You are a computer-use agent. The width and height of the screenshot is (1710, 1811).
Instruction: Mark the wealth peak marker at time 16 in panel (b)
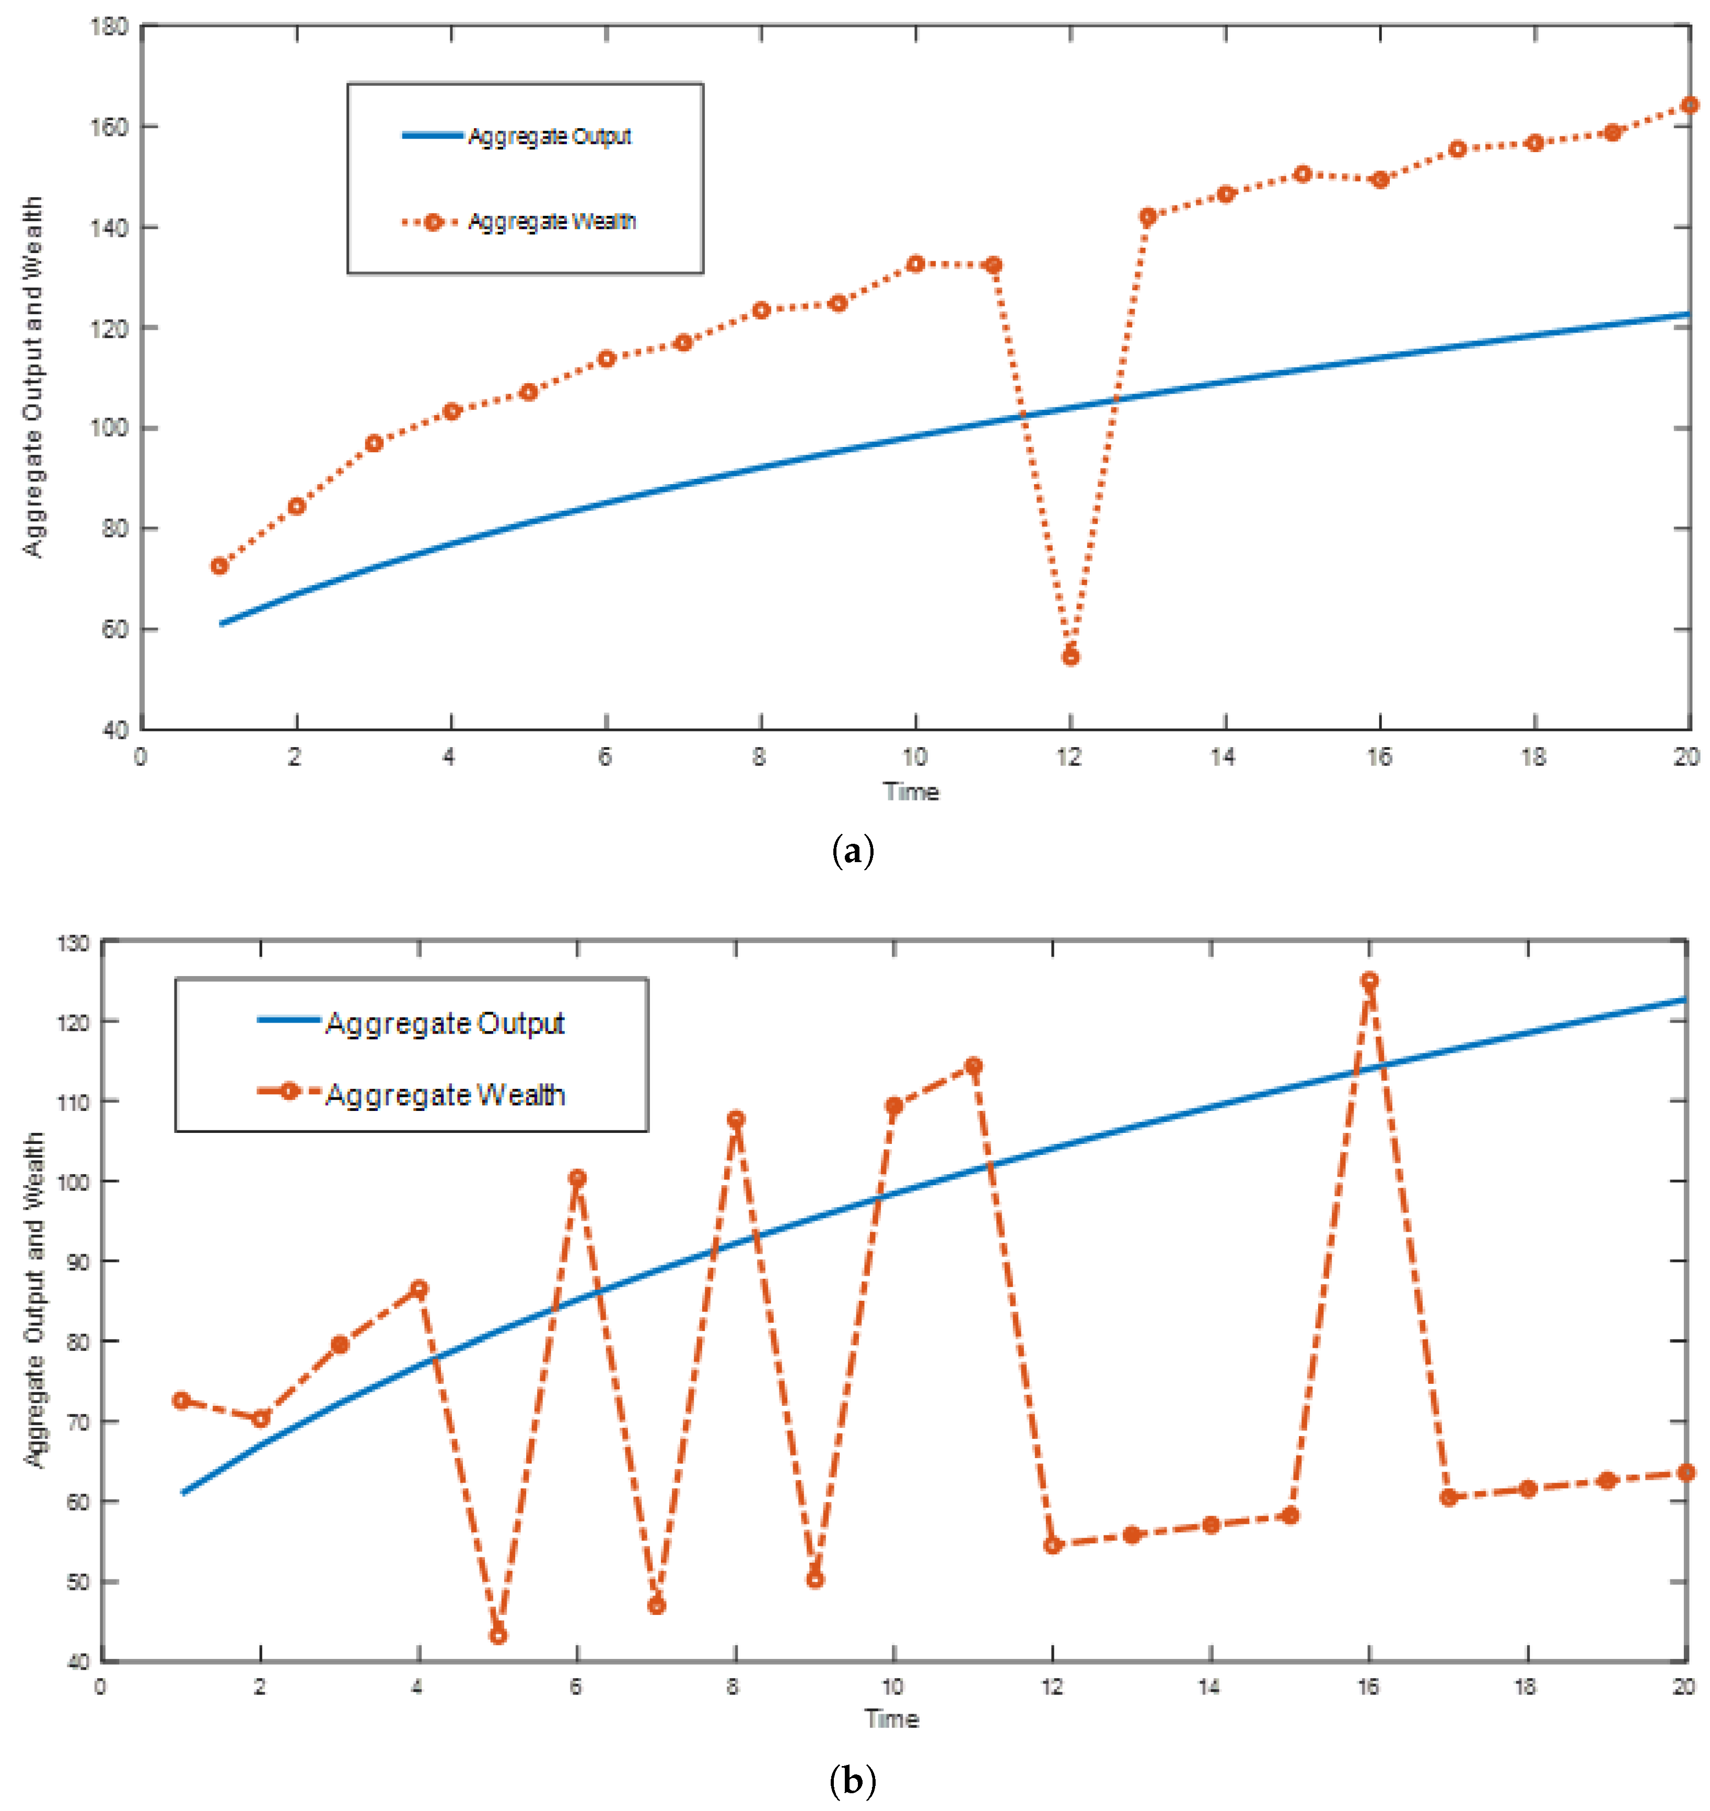pyautogui.click(x=1369, y=980)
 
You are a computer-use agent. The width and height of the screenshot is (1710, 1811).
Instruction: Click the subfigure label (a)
pyautogui.click(x=853, y=852)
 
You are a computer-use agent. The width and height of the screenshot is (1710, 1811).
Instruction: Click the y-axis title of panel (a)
pyautogui.click(x=33, y=376)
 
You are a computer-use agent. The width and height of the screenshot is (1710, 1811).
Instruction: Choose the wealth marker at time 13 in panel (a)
pyautogui.click(x=1148, y=216)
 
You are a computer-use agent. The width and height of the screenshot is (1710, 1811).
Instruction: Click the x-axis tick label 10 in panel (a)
pyautogui.click(x=914, y=756)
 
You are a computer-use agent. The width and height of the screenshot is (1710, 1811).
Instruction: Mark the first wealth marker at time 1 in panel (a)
pyautogui.click(x=219, y=566)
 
